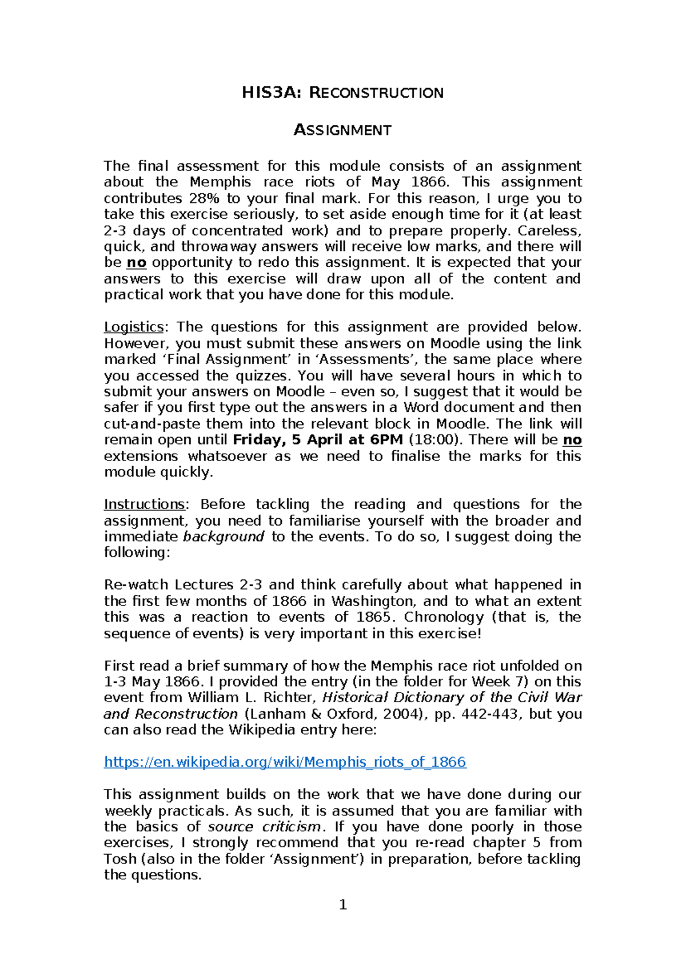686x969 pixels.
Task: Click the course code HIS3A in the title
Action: (x=270, y=93)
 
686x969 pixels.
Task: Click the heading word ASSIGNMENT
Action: (x=342, y=130)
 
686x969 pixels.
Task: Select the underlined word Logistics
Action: (x=134, y=327)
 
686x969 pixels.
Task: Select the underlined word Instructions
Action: (x=145, y=504)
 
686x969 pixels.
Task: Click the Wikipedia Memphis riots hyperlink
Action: (x=285, y=762)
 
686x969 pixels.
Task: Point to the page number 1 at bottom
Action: (x=343, y=904)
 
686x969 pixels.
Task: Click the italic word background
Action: (x=224, y=536)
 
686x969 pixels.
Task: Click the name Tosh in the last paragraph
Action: (x=120, y=859)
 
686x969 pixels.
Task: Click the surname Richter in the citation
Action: (x=289, y=698)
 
